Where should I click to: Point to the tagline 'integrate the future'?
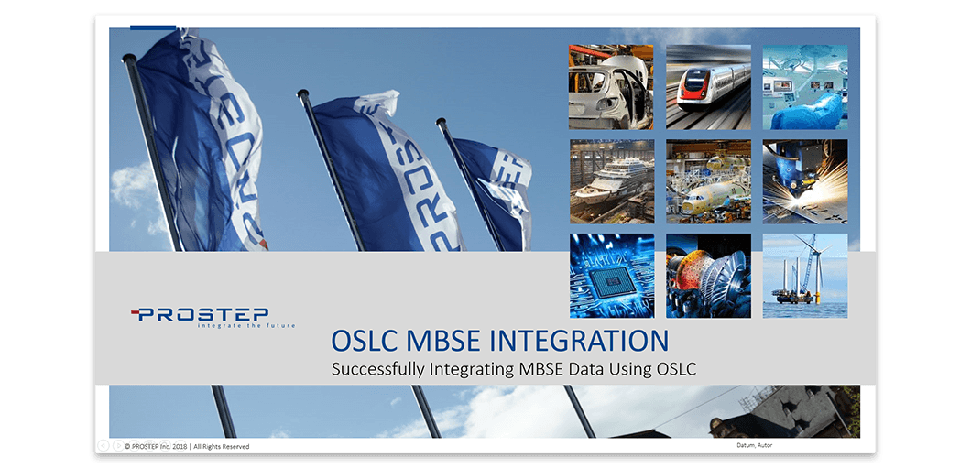click(245, 325)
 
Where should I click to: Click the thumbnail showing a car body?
click(611, 87)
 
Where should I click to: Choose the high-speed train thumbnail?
click(708, 87)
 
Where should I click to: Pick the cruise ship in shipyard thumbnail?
click(612, 180)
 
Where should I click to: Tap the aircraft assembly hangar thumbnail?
click(708, 180)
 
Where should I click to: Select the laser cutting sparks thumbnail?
click(805, 180)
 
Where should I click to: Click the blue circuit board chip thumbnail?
click(612, 276)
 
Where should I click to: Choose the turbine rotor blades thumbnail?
click(708, 276)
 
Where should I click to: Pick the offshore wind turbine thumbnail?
click(805, 276)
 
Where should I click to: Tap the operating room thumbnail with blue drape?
click(805, 87)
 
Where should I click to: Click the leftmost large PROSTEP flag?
click(202, 139)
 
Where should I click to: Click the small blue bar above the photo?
click(153, 27)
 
